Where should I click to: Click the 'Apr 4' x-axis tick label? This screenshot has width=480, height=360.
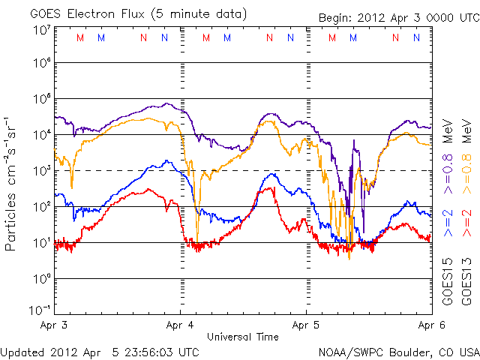180,326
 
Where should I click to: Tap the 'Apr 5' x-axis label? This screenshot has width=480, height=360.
306,326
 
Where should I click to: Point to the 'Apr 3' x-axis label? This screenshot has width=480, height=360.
54,326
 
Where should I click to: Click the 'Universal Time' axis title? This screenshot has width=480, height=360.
242,337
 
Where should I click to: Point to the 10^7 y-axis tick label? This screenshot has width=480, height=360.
41,30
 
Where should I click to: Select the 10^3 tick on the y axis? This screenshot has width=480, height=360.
41,171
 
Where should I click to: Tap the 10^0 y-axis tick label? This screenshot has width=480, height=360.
41,278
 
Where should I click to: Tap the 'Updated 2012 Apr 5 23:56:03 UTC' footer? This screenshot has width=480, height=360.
100,351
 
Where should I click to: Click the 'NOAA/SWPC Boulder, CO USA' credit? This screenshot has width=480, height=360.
398,351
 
